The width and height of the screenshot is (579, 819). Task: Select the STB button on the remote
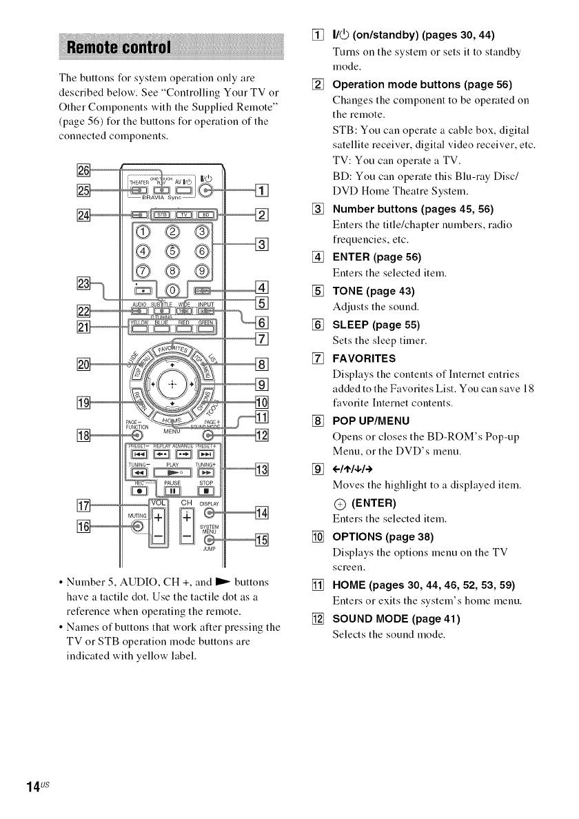[x=161, y=214]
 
